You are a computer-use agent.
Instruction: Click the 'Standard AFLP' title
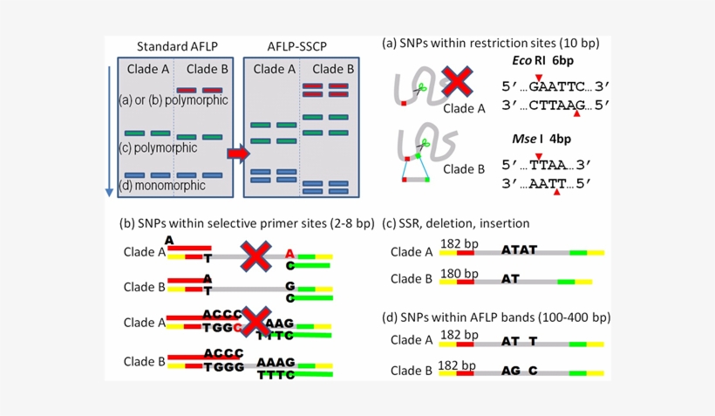(173, 45)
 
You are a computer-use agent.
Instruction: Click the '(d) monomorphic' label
(162, 186)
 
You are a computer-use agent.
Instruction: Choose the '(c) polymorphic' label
(158, 147)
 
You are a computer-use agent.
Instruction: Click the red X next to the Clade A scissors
(457, 83)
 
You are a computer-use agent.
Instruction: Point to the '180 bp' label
(458, 272)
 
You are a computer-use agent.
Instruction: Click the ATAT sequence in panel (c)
(519, 250)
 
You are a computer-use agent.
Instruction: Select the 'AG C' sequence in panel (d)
(519, 371)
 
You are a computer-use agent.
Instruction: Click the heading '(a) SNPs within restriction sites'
(491, 42)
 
